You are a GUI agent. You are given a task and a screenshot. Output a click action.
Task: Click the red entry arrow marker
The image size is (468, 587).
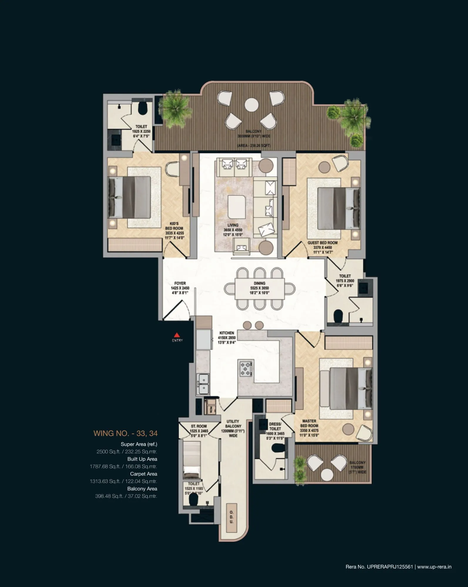click(177, 335)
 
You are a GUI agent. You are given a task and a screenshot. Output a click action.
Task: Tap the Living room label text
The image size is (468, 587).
click(233, 230)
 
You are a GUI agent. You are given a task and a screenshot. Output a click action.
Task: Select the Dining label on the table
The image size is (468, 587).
click(259, 288)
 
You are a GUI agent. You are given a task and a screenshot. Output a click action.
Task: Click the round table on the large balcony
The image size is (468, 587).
click(251, 105)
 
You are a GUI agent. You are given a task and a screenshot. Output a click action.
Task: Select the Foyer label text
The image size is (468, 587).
click(180, 288)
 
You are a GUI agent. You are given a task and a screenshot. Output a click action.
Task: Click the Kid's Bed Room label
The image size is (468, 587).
click(174, 231)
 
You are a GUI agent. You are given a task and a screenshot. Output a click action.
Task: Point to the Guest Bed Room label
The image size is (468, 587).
click(323, 247)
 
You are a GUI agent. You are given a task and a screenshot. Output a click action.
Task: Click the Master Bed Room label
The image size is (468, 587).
click(309, 428)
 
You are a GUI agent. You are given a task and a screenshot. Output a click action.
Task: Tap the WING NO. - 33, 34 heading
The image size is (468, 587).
click(125, 433)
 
